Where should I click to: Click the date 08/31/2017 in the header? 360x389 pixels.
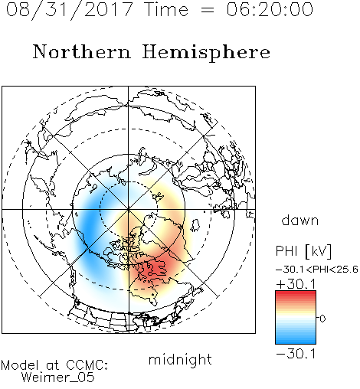(x=70, y=9)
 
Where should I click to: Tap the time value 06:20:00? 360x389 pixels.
(x=270, y=9)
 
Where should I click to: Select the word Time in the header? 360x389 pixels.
(x=166, y=9)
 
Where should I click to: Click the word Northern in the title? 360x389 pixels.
(x=82, y=51)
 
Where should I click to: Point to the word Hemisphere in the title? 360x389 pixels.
(x=206, y=53)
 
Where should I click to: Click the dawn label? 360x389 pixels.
(x=300, y=220)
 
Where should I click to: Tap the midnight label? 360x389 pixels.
(x=180, y=359)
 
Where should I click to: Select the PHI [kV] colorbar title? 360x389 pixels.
(x=303, y=251)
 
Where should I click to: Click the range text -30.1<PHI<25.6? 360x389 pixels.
(x=317, y=270)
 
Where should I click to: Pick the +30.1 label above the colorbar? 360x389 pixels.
(x=296, y=284)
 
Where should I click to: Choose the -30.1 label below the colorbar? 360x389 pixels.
(x=296, y=354)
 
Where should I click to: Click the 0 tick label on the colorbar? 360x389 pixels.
(x=322, y=319)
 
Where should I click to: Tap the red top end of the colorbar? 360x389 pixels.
(x=296, y=293)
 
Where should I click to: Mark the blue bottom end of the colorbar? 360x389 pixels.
(x=296, y=342)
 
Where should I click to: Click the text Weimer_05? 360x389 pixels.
(x=58, y=378)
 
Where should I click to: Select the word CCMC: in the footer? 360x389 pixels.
(x=87, y=365)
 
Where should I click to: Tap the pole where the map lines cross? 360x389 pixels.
(x=128, y=210)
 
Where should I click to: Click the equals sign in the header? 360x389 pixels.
(x=208, y=10)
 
